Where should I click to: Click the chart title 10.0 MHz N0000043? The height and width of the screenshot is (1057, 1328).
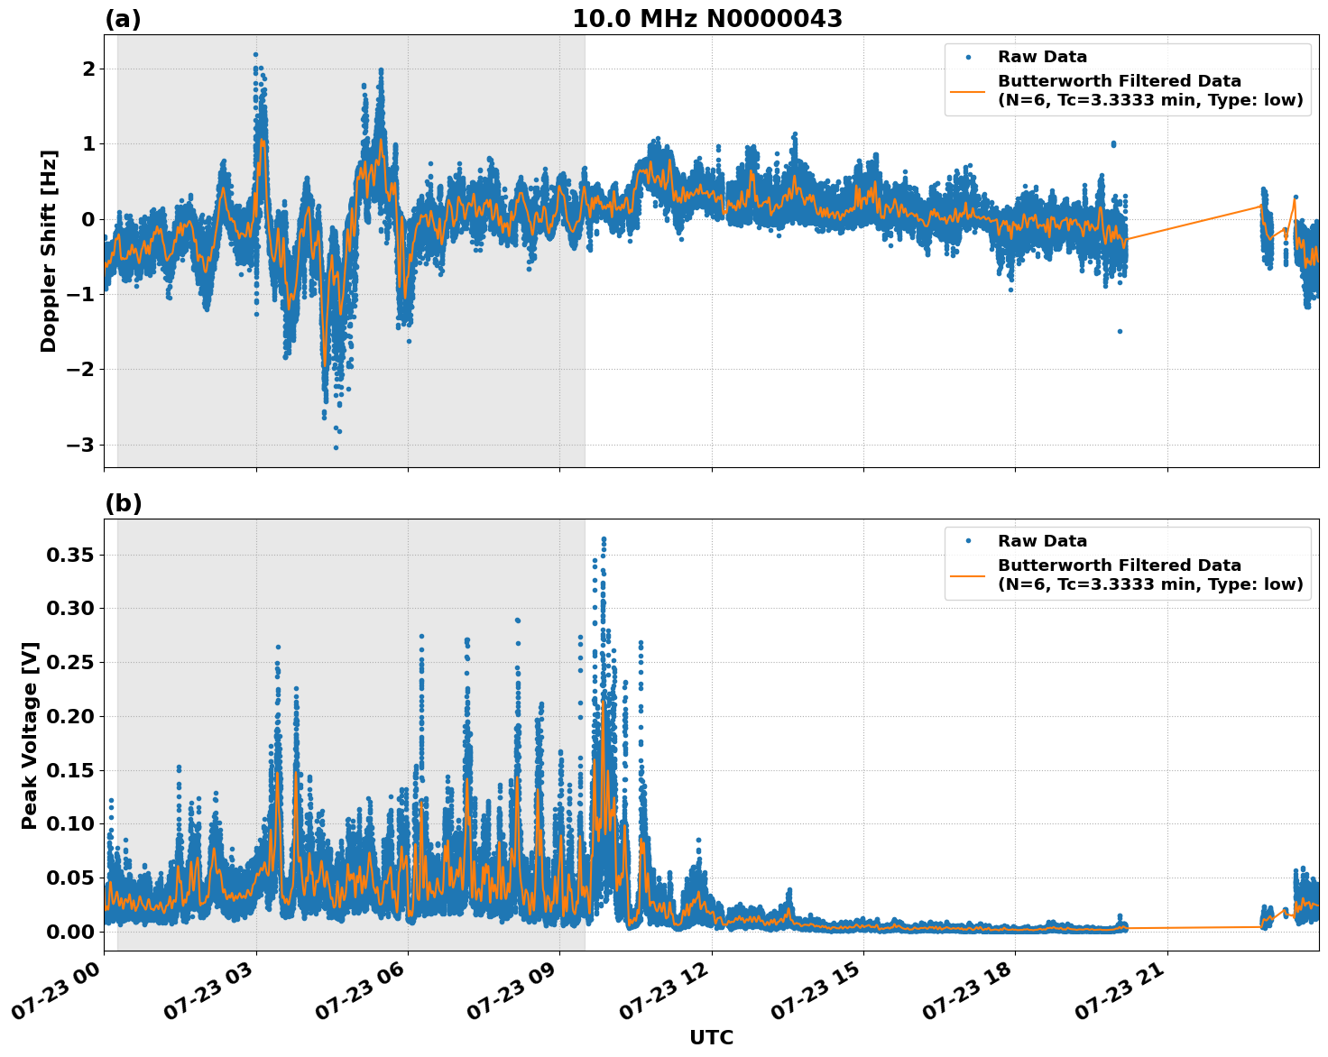point(707,19)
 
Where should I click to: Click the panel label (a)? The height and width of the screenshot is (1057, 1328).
point(123,19)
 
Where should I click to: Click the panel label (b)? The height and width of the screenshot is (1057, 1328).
point(123,503)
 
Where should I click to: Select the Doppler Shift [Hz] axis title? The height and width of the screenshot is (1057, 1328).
point(49,251)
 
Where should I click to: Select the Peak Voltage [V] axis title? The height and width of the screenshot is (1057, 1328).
point(30,735)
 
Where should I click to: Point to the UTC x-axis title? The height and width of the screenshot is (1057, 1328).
point(711,1037)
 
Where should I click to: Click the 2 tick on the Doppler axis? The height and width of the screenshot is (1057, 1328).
point(88,69)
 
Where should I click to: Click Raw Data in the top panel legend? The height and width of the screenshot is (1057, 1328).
point(1042,58)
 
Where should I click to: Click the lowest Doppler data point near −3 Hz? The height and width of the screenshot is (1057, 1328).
point(336,447)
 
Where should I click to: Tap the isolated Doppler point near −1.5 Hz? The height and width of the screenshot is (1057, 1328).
point(1120,331)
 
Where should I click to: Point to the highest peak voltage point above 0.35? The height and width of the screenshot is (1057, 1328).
point(604,539)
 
